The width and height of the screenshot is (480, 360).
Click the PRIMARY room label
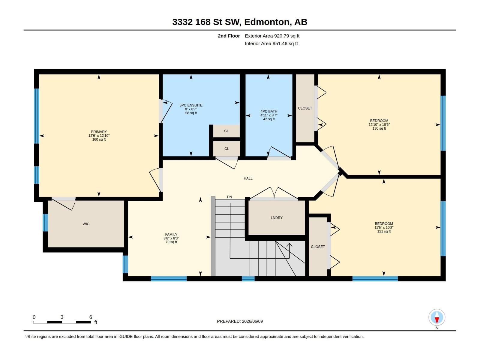99,132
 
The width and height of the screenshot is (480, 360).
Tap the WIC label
86,224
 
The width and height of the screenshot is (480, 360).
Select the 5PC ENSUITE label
191,105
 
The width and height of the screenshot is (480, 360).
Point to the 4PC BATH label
269,112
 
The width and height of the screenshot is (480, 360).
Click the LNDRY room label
277,218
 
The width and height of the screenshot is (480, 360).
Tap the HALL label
248,178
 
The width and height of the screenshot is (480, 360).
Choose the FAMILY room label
171,234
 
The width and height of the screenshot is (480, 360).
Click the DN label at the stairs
229,197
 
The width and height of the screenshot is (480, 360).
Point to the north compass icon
437,317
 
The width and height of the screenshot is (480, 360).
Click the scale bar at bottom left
62,322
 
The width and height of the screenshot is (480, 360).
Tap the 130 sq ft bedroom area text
379,128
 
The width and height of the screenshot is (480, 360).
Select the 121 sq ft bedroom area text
384,231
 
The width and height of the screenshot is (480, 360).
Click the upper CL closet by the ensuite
226,131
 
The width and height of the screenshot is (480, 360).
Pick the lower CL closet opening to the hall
226,148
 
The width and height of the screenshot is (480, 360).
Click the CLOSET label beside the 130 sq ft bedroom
305,108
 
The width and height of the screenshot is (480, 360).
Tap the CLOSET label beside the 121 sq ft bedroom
318,247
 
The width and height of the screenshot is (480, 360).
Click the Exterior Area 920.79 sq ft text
272,36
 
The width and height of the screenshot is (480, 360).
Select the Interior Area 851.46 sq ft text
271,43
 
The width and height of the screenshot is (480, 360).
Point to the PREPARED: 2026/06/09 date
240,321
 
